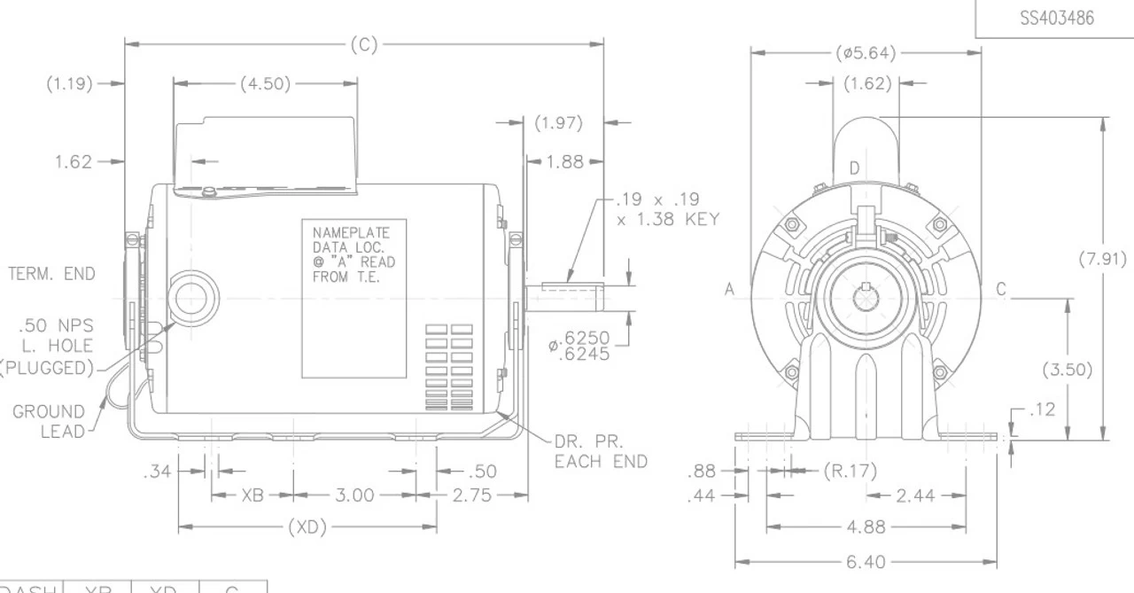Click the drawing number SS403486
[1056, 18]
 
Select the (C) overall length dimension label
[364, 45]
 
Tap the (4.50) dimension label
[265, 84]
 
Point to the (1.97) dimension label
[559, 123]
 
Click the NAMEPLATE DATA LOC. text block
[353, 254]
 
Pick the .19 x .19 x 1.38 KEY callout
[667, 209]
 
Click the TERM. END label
[50, 274]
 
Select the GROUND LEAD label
[49, 422]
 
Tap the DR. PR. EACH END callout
[601, 451]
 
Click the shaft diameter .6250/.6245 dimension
[580, 346]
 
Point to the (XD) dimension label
[307, 527]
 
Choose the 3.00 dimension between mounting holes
[353, 495]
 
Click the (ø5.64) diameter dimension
[866, 53]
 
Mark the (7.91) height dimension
[1102, 260]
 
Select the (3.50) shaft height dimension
[1067, 370]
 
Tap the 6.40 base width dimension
[865, 562]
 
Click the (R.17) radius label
[850, 471]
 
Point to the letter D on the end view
[854, 168]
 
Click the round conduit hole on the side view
[191, 297]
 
